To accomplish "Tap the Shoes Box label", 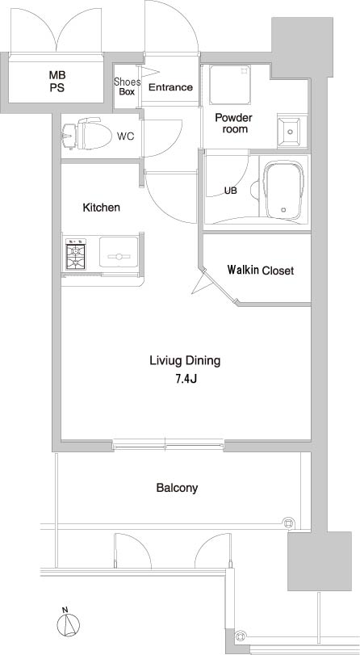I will point(127,86).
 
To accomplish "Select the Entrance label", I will point(170,87).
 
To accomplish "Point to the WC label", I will point(125,136).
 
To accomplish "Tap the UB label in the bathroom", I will point(231,191).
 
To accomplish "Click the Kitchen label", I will point(102,208).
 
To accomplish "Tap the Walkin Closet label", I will point(260,271).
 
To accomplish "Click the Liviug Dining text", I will point(185,360).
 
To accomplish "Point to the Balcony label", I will point(177,488).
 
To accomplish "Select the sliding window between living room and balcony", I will point(167,443).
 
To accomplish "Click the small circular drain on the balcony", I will point(287,521).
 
